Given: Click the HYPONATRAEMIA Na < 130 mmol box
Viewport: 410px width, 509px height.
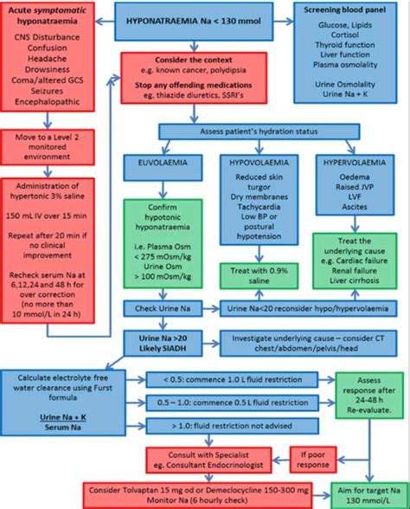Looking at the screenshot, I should pyautogui.click(x=205, y=19).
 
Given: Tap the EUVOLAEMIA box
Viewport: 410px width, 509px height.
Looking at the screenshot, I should pyautogui.click(x=157, y=162).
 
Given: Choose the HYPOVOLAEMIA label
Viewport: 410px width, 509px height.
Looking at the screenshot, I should pyautogui.click(x=255, y=162).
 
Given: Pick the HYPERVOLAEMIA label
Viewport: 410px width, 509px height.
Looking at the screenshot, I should pyautogui.click(x=351, y=162).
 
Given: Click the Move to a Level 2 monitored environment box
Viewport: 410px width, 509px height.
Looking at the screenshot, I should pyautogui.click(x=55, y=148).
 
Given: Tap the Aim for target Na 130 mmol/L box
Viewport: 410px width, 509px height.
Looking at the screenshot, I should pyautogui.click(x=362, y=494).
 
